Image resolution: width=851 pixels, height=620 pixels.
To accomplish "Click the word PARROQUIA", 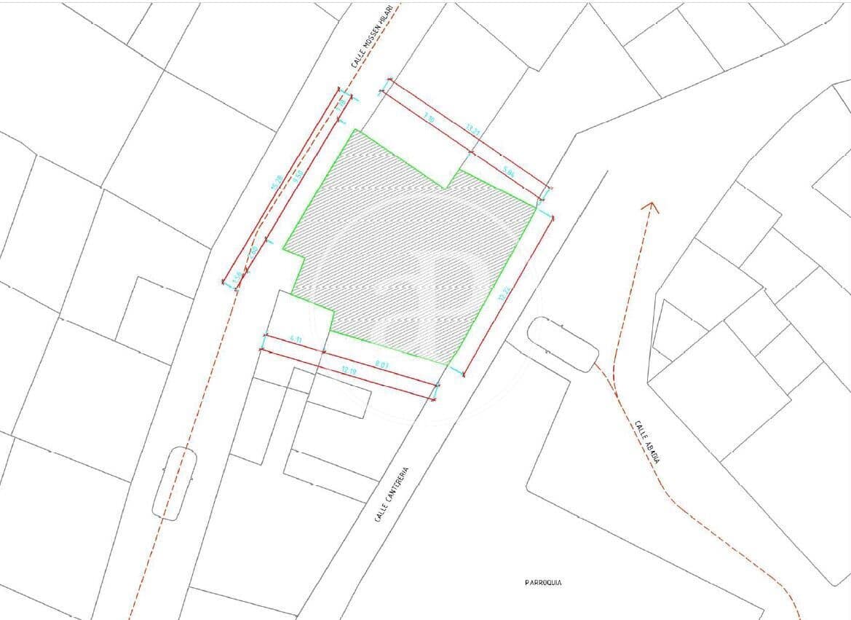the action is pyautogui.click(x=543, y=583).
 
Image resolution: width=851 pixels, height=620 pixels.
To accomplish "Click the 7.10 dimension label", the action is pyautogui.click(x=430, y=117).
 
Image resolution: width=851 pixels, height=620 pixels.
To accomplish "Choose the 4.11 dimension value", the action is pyautogui.click(x=295, y=339).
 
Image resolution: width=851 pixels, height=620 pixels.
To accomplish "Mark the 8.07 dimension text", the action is pyautogui.click(x=381, y=364).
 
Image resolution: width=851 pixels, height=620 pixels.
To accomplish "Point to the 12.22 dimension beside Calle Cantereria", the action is pyautogui.click(x=502, y=294).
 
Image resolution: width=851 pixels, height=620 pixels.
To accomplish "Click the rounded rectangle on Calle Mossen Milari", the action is pyautogui.click(x=175, y=483).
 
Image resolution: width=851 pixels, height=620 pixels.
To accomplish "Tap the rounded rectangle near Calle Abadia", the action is pyautogui.click(x=563, y=345).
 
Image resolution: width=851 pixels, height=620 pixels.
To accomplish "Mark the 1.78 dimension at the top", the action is pyautogui.click(x=341, y=104).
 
